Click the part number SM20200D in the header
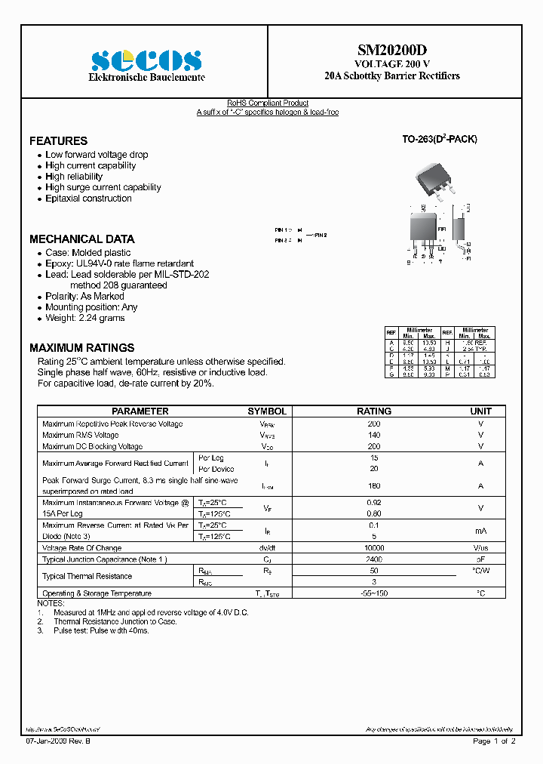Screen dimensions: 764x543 (x=391, y=50)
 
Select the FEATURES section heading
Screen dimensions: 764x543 (x=58, y=141)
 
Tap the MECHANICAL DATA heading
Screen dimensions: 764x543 (x=82, y=239)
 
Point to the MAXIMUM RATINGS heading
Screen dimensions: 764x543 (x=81, y=348)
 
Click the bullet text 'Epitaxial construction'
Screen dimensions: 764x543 (x=88, y=199)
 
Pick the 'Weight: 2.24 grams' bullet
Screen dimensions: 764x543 (x=85, y=318)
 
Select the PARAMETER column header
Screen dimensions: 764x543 (x=140, y=411)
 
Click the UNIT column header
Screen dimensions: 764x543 (x=480, y=411)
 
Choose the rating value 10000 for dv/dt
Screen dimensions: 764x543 (x=374, y=548)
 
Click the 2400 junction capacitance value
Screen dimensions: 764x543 (x=374, y=559)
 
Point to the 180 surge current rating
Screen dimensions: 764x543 (x=374, y=486)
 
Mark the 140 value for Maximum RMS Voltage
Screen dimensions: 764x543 (x=374, y=436)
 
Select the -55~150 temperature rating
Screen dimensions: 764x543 (x=374, y=593)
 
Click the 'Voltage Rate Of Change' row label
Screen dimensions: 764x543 (x=81, y=548)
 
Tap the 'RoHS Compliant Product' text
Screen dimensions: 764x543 (x=268, y=103)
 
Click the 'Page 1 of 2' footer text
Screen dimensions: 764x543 (x=494, y=741)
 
